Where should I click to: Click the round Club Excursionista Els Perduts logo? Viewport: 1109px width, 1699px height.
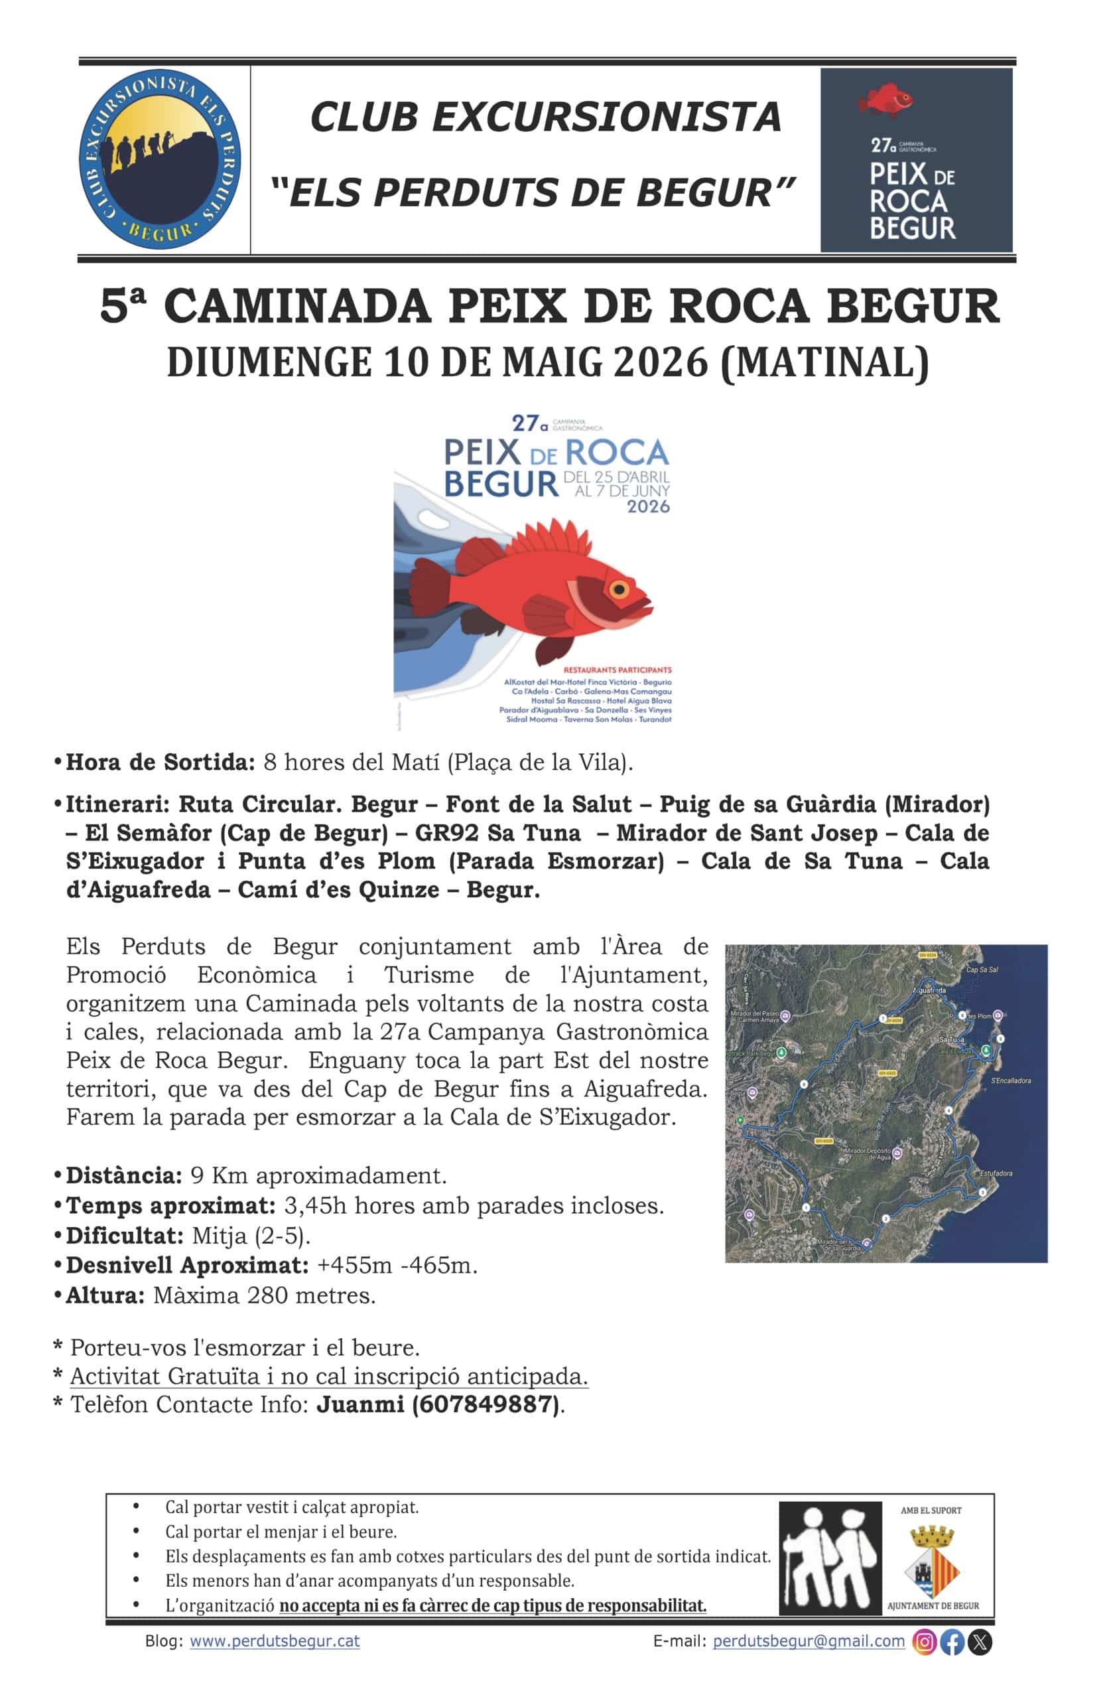pyautogui.click(x=159, y=159)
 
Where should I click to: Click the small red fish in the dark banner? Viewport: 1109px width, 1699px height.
pyautogui.click(x=885, y=101)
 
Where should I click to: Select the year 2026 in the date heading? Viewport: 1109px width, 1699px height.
pyautogui.click(x=661, y=362)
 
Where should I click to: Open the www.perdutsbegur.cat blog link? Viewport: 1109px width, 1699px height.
pyautogui.click(x=275, y=1641)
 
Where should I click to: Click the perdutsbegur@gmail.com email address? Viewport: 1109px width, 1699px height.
pyautogui.click(x=809, y=1641)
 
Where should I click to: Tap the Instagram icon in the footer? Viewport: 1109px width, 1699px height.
pyautogui.click(x=924, y=1641)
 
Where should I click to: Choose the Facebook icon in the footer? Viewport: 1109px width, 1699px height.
pyautogui.click(x=952, y=1641)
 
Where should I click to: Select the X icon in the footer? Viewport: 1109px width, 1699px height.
pyautogui.click(x=980, y=1641)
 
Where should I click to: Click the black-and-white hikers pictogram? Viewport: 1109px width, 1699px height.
pyautogui.click(x=829, y=1557)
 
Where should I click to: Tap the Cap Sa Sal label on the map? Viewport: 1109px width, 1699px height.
pyautogui.click(x=982, y=970)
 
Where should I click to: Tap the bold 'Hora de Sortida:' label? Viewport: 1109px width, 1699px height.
pyautogui.click(x=160, y=762)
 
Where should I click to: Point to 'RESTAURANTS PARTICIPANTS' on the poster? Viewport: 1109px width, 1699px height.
pyautogui.click(x=618, y=670)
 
